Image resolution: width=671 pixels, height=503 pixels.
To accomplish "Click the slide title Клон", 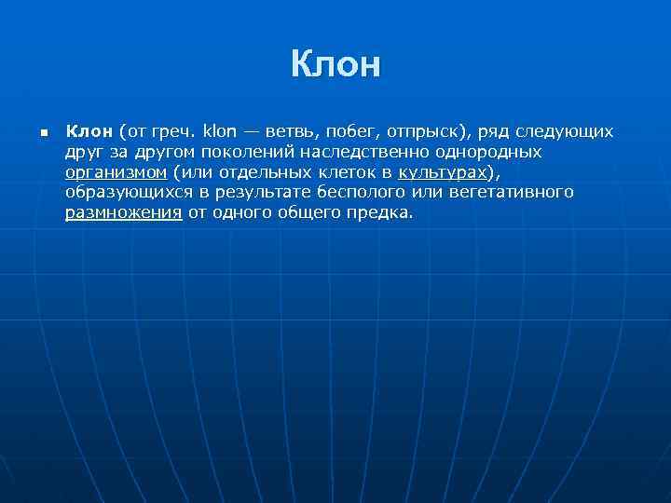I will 335,65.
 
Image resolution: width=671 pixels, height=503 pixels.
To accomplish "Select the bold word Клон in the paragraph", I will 89,130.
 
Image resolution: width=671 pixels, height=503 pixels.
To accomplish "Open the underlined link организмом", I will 116,172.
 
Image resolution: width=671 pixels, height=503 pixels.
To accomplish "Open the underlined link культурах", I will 442,172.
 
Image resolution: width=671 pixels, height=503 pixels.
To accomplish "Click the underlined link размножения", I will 123,212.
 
